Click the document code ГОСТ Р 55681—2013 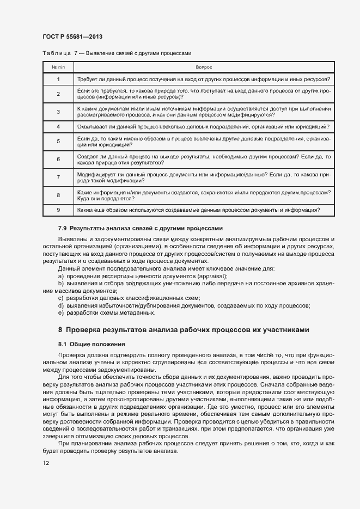click(x=72, y=36)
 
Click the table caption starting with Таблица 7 click(x=117, y=53)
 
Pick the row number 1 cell click(x=58, y=79)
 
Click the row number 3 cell click(x=58, y=112)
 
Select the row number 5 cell click(x=58, y=142)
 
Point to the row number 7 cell click(x=58, y=177)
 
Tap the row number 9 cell click(x=58, y=210)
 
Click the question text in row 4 click(x=203, y=126)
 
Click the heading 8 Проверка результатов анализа click(x=184, y=330)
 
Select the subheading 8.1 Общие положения click(x=91, y=344)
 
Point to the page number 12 click(x=46, y=463)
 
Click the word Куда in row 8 click(x=84, y=199)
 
